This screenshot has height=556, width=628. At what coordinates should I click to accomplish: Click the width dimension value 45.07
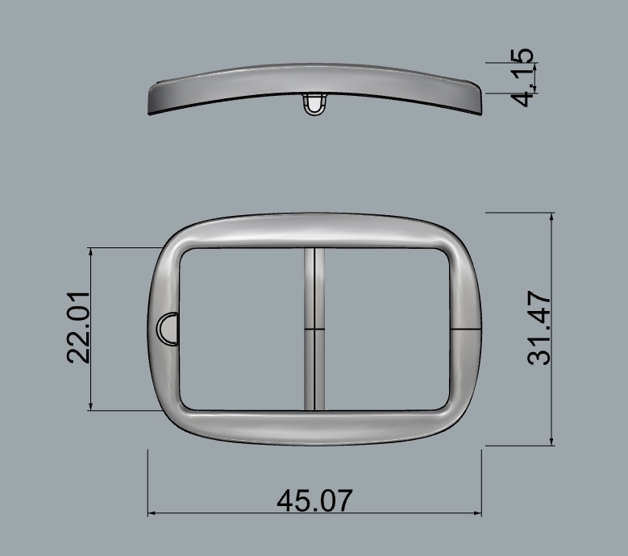pos(314,500)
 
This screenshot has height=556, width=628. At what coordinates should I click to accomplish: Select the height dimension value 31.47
pos(539,329)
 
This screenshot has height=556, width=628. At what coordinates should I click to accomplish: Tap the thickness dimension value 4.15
pos(523,77)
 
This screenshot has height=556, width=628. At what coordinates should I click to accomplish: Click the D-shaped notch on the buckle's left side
pos(168,330)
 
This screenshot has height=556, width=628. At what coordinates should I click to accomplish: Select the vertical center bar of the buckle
pos(314,329)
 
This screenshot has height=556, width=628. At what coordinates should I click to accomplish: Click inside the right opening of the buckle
pos(385,329)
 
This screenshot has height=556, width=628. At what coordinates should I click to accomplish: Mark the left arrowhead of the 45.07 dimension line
pos(151,512)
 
